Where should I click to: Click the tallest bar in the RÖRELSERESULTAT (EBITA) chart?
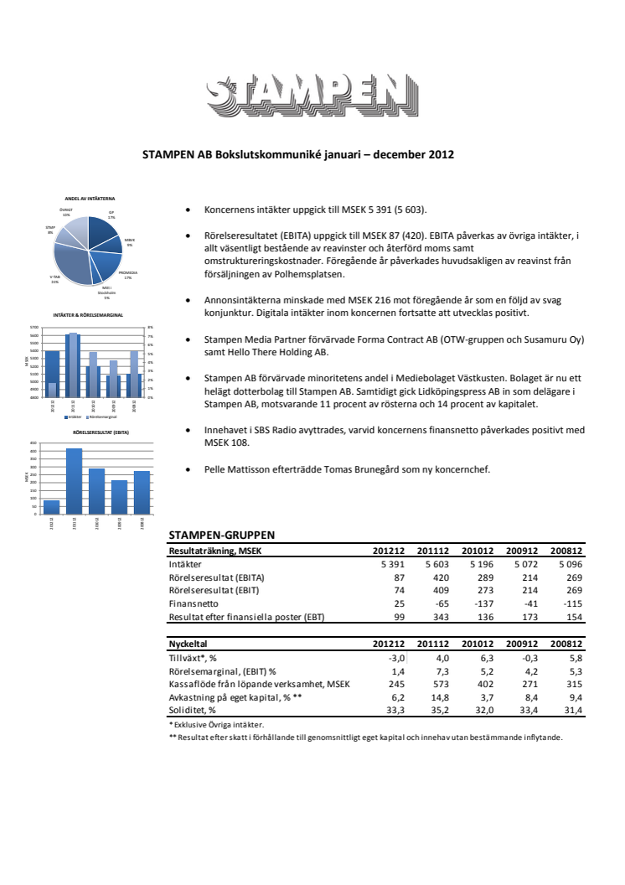[74, 481]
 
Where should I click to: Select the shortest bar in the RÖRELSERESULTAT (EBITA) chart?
[51, 507]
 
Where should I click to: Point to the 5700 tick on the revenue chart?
[34, 328]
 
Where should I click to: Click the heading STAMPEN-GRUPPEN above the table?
[222, 535]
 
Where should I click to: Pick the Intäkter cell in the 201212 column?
[390, 565]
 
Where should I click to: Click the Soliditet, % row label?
[194, 710]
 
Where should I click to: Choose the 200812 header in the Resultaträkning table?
[566, 551]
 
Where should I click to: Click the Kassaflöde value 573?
[439, 683]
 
